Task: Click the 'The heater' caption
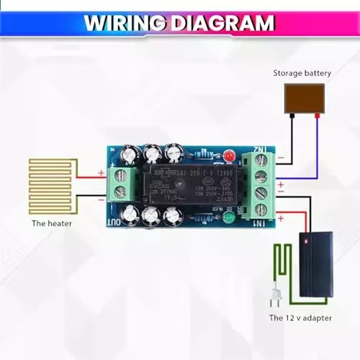(x=52, y=223)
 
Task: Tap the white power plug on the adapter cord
(x=274, y=294)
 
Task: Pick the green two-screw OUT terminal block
(x=119, y=184)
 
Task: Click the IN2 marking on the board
(x=263, y=149)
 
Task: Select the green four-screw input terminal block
(x=262, y=186)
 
